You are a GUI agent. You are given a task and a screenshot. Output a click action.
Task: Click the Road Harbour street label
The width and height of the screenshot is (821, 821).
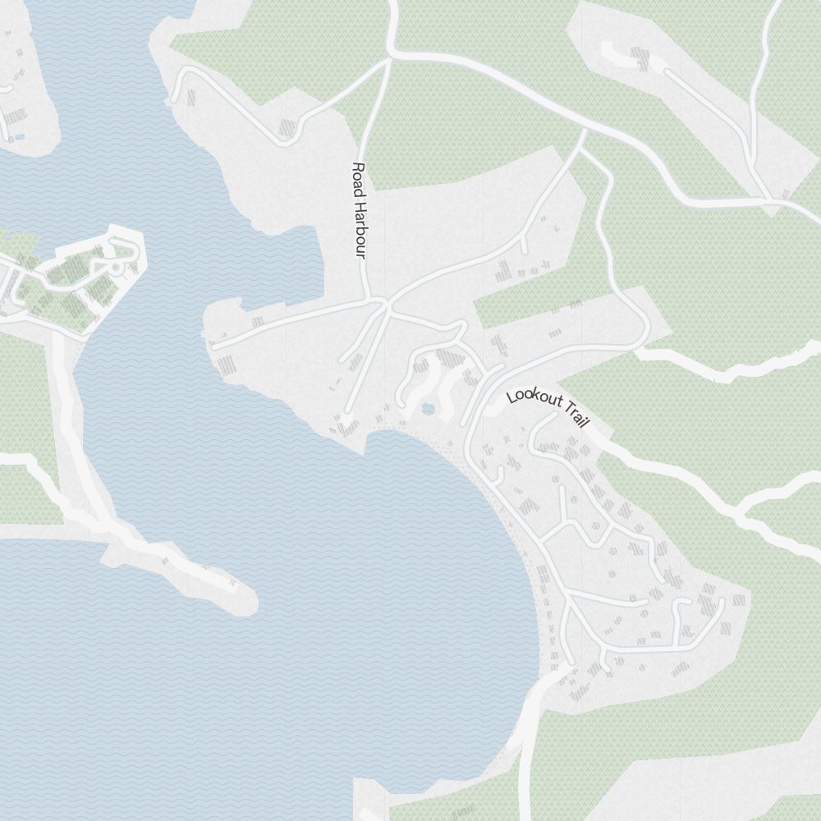[x=358, y=209]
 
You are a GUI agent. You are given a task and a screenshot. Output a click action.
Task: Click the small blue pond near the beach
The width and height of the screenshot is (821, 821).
[x=427, y=408]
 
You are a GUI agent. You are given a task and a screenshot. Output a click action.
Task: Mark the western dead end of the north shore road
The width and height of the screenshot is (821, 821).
[x=215, y=346]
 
